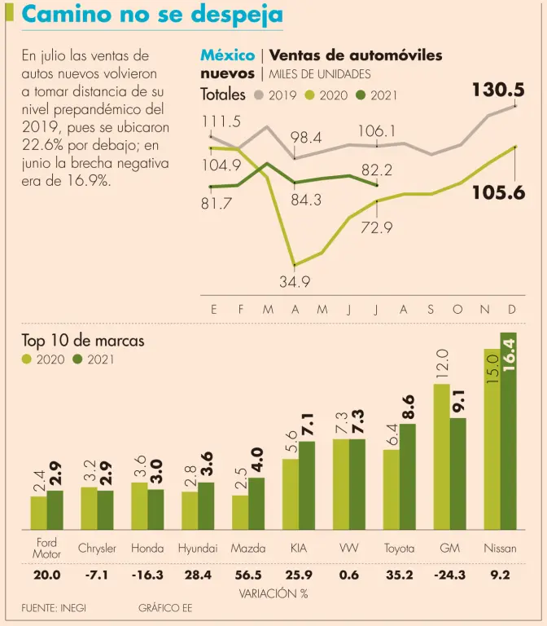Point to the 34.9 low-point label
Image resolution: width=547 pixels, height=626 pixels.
[295, 282]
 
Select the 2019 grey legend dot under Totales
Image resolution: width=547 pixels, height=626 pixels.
[260, 95]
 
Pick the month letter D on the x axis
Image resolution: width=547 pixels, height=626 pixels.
[512, 310]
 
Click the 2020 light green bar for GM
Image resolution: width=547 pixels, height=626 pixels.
[441, 456]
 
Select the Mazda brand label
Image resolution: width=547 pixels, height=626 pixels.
[248, 549]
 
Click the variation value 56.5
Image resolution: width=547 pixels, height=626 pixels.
[248, 575]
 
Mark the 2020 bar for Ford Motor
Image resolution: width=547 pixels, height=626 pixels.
[38, 512]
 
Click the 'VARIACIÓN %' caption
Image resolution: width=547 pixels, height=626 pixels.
[273, 593]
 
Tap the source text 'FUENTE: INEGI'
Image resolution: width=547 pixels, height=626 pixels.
[54, 608]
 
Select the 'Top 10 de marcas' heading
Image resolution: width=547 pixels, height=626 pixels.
[83, 341]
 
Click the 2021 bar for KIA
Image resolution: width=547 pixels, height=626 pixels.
[307, 485]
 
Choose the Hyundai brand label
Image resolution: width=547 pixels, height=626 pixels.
[198, 549]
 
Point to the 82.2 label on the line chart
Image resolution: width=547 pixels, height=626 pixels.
[377, 170]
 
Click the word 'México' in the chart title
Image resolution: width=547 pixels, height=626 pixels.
[227, 55]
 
